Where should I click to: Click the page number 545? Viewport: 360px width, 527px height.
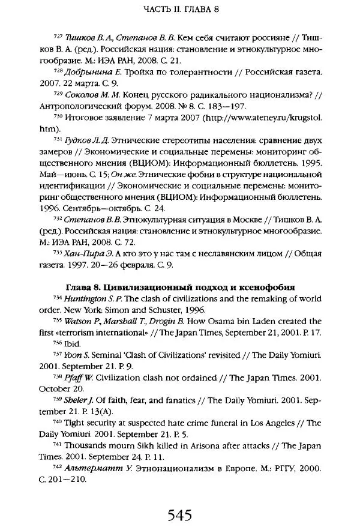point(179,498)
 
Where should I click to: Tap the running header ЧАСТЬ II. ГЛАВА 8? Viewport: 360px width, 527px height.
point(179,10)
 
